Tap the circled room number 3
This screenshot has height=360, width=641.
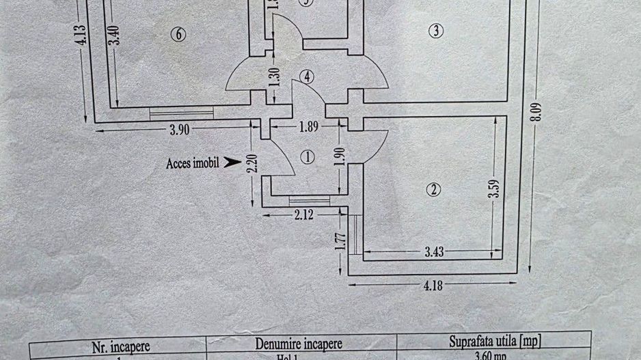(436, 30)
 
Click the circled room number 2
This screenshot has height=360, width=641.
(433, 191)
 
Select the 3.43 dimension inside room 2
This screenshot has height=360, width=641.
(434, 251)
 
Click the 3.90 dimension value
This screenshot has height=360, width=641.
(179, 131)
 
